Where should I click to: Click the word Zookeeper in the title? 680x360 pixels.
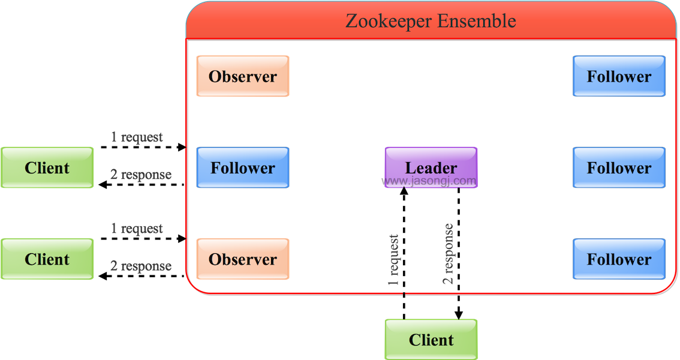click(x=388, y=21)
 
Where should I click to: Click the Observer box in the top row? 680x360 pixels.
click(x=243, y=76)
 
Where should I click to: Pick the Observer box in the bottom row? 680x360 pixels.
click(x=243, y=259)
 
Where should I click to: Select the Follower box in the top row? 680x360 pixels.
click(x=619, y=76)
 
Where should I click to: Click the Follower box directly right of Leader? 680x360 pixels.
click(x=619, y=168)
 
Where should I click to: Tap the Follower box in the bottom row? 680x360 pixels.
click(x=619, y=259)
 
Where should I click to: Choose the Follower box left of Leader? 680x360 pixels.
click(x=243, y=168)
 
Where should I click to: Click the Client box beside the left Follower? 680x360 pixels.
click(x=47, y=168)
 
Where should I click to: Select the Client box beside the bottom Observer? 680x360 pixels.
click(x=47, y=259)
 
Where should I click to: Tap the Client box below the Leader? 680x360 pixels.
click(x=431, y=340)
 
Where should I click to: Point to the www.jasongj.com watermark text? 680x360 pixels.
click(x=431, y=180)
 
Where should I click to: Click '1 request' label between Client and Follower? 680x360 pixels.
click(x=137, y=137)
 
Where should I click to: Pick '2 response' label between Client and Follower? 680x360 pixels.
click(x=141, y=175)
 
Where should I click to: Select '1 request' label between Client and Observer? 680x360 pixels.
click(x=137, y=229)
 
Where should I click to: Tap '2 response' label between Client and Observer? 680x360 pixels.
click(x=141, y=266)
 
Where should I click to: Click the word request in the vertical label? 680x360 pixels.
click(x=393, y=253)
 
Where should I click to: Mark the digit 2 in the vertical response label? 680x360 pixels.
click(x=448, y=279)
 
